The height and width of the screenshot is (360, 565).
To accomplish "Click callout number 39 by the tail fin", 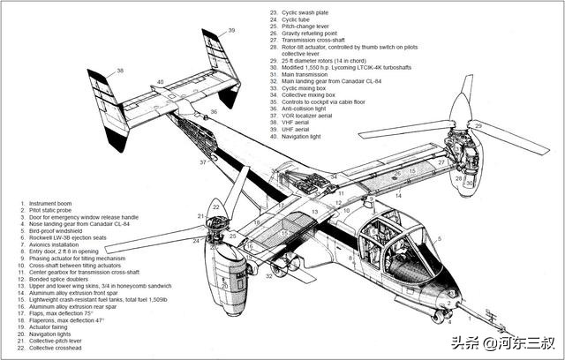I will click(x=232, y=30).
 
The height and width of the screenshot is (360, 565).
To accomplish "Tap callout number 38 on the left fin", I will click(x=120, y=70).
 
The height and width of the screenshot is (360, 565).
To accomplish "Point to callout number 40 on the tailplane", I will click(x=161, y=82).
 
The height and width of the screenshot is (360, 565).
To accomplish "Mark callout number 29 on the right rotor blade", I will click(x=478, y=127).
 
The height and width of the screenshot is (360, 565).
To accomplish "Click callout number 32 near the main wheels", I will click(x=267, y=276).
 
